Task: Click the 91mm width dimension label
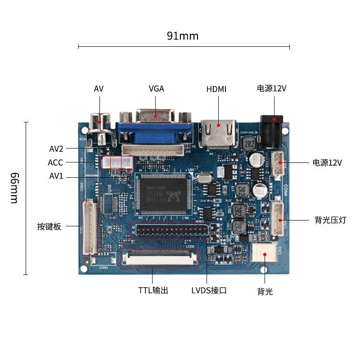(183, 36)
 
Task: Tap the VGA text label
(156, 89)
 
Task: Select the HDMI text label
(216, 89)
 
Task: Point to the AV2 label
(56, 148)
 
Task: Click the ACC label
(55, 162)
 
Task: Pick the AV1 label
(56, 176)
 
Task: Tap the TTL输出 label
(153, 290)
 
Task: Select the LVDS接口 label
(209, 290)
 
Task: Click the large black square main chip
(163, 193)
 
